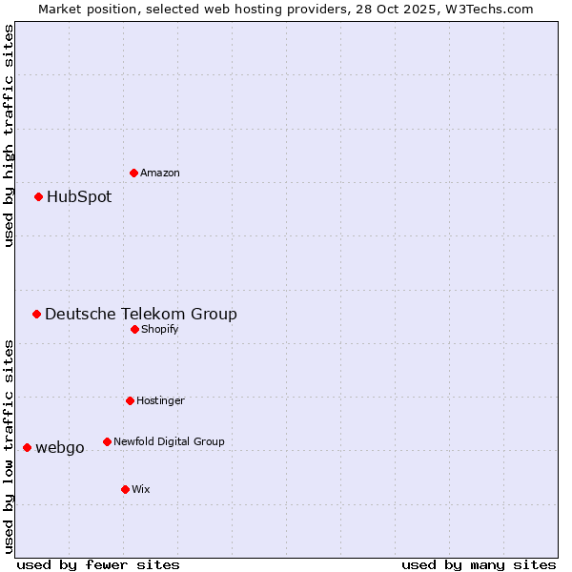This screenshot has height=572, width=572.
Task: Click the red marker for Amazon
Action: [x=134, y=173]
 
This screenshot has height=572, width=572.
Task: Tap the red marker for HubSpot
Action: [x=39, y=197]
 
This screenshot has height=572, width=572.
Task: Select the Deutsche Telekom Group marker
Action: [x=37, y=314]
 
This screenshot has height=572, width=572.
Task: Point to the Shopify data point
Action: [x=135, y=329]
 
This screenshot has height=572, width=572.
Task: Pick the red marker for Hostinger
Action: [x=131, y=400]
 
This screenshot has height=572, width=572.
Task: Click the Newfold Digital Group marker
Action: [x=108, y=441]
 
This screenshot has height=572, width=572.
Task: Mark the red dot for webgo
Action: [x=28, y=447]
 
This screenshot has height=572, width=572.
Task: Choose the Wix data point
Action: [x=126, y=489]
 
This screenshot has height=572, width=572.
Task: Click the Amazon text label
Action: [x=160, y=174]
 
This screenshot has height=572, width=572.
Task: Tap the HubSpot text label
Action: [x=79, y=197]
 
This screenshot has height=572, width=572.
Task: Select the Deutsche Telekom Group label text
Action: [x=141, y=315]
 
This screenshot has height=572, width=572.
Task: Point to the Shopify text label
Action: [x=160, y=330]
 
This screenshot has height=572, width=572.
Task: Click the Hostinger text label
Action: [x=160, y=401]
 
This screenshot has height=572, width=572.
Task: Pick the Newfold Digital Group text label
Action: [x=169, y=442]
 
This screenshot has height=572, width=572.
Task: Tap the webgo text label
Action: [x=60, y=448]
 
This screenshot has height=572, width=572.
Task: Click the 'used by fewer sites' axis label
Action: [x=98, y=565]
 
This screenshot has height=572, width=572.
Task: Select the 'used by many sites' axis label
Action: [x=479, y=565]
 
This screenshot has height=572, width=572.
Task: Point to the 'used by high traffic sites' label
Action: [x=9, y=135]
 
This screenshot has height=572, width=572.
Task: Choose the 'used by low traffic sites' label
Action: [x=9, y=446]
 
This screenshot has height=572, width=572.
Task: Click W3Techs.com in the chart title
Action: [x=485, y=9]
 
